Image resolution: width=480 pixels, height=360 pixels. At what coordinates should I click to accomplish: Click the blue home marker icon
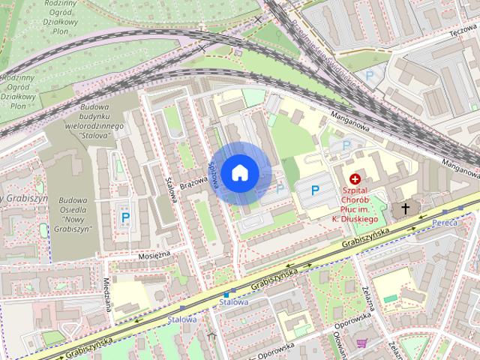coord(239,172)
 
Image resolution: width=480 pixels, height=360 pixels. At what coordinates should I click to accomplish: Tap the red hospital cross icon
coord(355,178)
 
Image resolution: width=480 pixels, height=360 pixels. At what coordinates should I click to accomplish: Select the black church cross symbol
coord(406,208)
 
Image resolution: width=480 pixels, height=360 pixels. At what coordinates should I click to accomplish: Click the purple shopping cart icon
coord(363,343)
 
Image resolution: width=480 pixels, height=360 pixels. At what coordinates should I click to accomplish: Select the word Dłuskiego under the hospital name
coord(359,217)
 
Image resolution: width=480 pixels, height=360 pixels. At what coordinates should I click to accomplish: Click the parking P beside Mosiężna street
coord(124,217)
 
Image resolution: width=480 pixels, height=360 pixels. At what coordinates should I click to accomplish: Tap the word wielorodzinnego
coord(92,127)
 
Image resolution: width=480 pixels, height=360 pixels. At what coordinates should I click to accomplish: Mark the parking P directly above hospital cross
coord(346,145)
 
